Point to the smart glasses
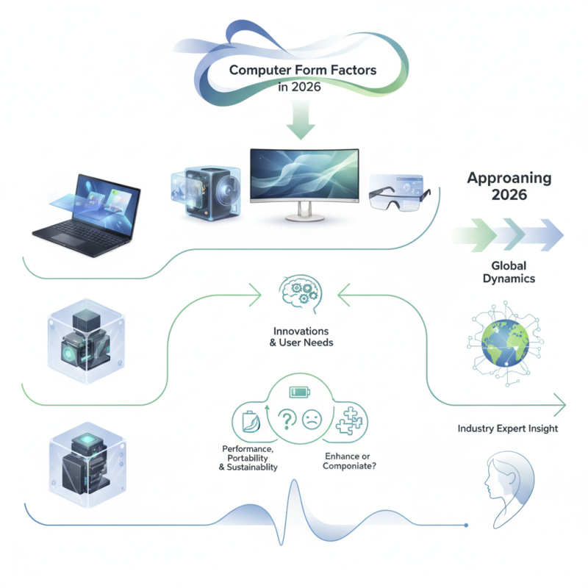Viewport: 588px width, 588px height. pyautogui.click(x=397, y=193)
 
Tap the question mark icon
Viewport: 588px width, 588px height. pyautogui.click(x=287, y=420)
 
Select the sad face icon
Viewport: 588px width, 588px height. pyautogui.click(x=312, y=420)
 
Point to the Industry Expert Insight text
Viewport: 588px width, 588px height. pyautogui.click(x=507, y=429)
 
